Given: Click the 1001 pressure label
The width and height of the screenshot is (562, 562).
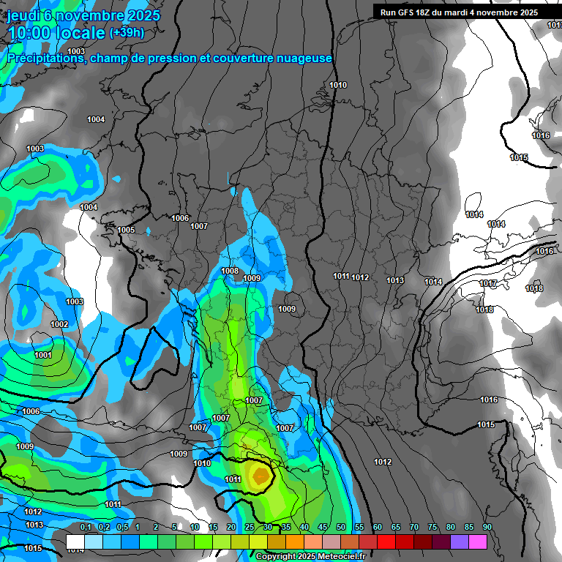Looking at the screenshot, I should pos(43,355).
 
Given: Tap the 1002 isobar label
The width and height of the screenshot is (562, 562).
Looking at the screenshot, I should pos(59,324).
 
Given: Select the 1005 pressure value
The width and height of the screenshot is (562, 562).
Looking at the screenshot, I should pos(126,230).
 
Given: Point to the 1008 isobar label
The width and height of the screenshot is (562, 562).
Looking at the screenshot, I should pos(230,271).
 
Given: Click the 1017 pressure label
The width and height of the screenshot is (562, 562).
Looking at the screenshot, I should pos(488,284).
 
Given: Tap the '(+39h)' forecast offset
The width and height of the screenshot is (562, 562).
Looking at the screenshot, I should pos(127,33).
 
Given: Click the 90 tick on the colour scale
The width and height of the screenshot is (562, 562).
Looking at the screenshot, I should pos(487,527).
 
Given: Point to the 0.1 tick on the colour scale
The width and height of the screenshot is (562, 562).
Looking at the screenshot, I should pos(85,527).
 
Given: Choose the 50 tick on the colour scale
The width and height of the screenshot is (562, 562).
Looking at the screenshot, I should pos(341,527).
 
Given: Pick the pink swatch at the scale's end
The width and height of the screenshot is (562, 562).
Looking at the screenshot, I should pos(478,542).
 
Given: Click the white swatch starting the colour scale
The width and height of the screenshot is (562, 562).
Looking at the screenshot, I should pos(75,542).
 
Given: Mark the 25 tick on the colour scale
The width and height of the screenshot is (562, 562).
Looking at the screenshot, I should pos(249,527).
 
